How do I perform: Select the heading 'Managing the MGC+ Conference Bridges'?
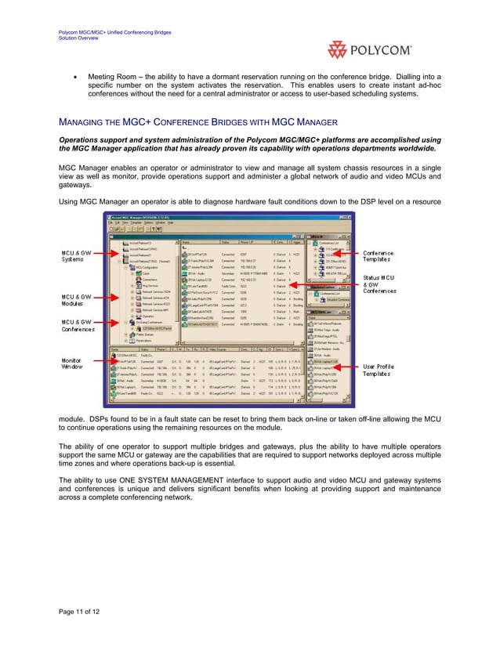click(198, 122)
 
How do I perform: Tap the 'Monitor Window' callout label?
click(74, 363)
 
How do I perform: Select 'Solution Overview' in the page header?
click(79, 38)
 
